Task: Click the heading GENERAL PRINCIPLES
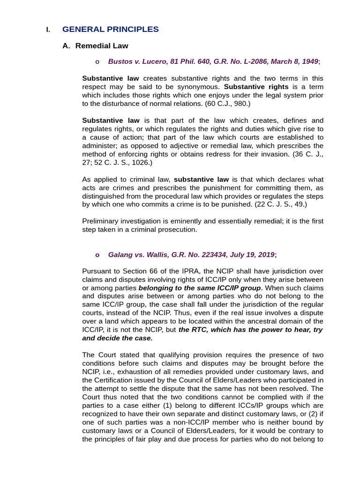click(110, 30)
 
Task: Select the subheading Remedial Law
click(102, 46)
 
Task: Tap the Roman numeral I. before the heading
click(48, 30)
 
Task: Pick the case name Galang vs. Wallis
click(137, 255)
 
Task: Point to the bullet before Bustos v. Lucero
click(97, 62)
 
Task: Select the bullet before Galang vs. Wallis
click(97, 255)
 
